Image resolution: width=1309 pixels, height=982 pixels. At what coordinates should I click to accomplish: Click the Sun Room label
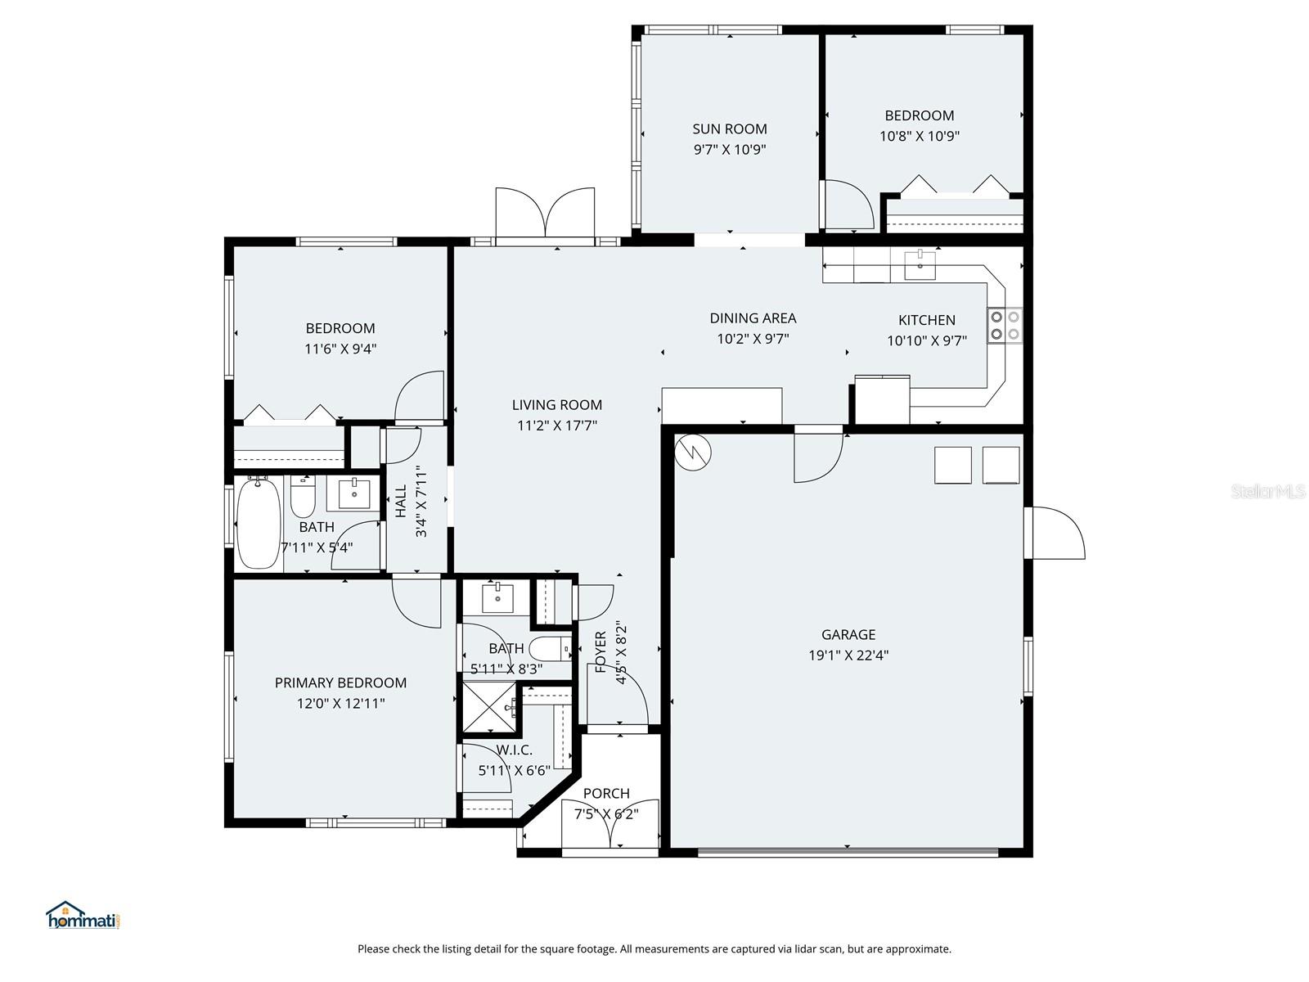729,128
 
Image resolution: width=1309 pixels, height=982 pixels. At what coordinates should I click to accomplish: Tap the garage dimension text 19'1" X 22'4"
848,655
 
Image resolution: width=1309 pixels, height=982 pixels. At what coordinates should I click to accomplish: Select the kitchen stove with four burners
1005,324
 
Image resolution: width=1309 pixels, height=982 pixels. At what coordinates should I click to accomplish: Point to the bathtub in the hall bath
258,524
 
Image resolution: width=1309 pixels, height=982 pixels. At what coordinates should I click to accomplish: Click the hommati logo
83,916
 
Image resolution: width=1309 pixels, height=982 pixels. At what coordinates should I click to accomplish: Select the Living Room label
556,404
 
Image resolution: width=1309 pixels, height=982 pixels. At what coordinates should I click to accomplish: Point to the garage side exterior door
1057,534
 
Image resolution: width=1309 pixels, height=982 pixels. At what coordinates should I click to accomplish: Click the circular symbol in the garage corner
693,451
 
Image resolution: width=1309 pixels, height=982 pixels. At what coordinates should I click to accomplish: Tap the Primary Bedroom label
340,682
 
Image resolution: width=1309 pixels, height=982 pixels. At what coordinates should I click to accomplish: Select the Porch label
606,793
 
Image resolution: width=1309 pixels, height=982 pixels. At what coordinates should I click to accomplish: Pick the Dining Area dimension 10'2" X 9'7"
752,339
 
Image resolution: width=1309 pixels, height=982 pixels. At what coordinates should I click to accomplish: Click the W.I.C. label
514,750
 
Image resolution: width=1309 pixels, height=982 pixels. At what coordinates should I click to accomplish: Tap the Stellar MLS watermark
1267,491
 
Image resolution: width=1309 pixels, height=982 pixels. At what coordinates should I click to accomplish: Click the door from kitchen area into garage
817,455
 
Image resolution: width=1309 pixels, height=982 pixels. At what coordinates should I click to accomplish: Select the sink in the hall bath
353,493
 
